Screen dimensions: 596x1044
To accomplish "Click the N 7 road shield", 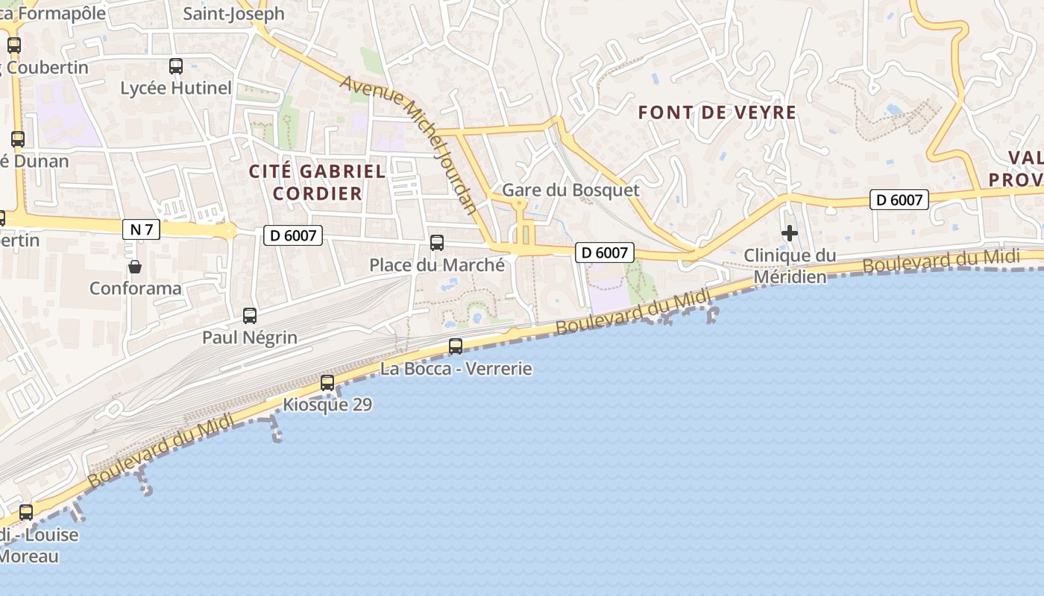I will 141,229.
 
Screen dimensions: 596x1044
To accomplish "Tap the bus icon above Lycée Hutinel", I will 176,66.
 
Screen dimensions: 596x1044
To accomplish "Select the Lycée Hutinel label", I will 176,88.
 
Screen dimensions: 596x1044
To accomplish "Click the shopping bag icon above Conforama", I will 135,266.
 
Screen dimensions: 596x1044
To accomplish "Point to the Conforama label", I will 135,288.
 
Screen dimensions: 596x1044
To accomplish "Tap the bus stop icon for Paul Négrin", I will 250,316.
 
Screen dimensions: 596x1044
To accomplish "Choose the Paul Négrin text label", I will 250,337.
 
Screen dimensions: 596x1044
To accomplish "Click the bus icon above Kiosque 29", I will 327,383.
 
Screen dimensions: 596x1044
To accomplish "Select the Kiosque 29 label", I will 327,405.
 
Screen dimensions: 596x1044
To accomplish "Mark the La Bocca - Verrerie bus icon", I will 456,346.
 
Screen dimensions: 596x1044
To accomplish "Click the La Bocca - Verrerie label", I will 456,368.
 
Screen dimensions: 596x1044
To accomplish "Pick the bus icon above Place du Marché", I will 437,243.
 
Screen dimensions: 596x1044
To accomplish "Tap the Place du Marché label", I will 437,264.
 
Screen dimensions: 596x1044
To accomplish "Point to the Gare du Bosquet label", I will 570,189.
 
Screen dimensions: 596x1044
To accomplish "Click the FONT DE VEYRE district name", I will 717,112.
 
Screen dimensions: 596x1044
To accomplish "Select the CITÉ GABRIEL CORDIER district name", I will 318,183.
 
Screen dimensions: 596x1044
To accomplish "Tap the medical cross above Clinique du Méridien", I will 790,234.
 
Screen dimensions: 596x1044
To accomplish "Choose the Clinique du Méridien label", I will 790,266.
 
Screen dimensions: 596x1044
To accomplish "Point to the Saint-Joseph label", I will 233,13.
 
